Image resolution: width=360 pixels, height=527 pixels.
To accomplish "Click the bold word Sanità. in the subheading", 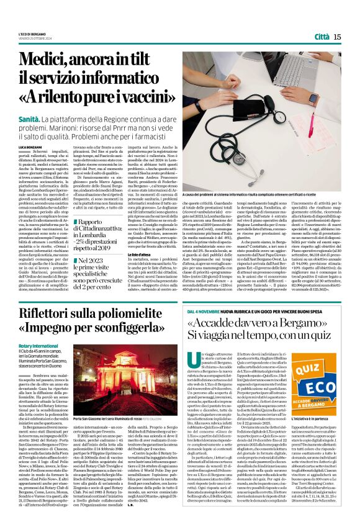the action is pos(30,117).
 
